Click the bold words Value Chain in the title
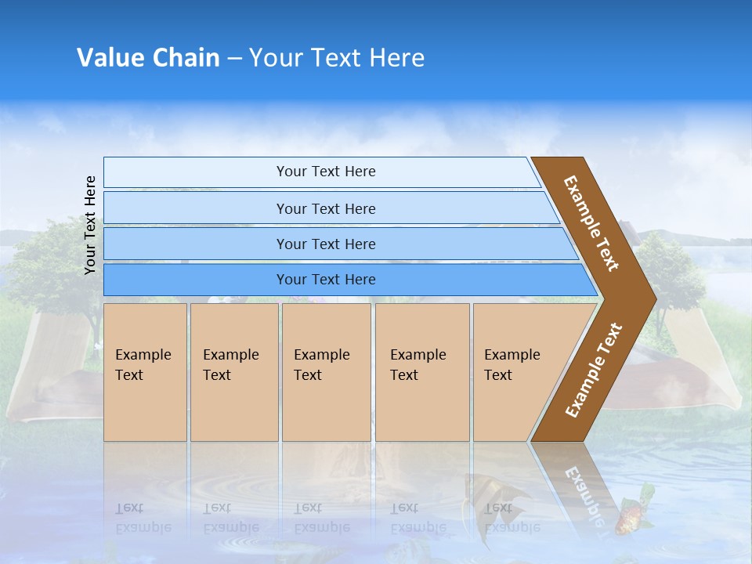(148, 58)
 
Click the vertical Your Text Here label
(90, 225)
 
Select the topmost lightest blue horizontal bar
(325, 172)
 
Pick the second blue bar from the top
(325, 208)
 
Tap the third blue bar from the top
(325, 244)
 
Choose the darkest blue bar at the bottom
(325, 280)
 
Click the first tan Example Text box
(145, 372)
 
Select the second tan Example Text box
(233, 372)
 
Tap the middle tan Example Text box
(326, 372)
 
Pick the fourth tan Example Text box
(421, 372)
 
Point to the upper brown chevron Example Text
(591, 223)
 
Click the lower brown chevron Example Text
(593, 370)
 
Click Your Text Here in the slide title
(337, 58)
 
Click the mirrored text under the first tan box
(143, 518)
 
